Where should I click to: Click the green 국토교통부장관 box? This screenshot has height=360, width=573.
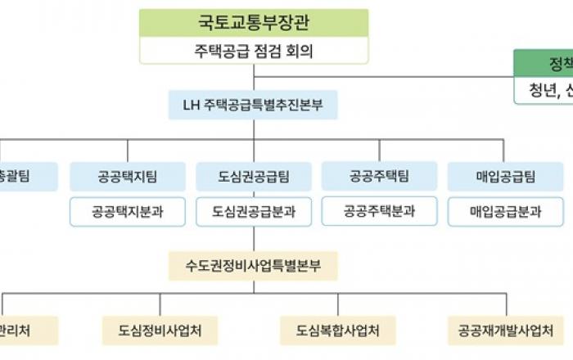pos(254,23)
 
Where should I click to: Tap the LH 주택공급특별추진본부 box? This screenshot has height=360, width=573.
pos(254,106)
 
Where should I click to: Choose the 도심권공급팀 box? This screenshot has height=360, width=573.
pos(254,176)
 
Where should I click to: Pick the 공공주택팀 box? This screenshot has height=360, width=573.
pos(379,176)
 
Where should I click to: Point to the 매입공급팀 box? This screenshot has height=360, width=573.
pos(505,176)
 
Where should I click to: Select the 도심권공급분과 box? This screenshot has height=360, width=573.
pos(254,211)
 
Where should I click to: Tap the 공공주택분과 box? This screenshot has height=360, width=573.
pos(379,211)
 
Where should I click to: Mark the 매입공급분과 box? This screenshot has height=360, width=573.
pos(505,211)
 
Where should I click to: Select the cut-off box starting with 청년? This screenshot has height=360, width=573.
pos(544,90)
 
